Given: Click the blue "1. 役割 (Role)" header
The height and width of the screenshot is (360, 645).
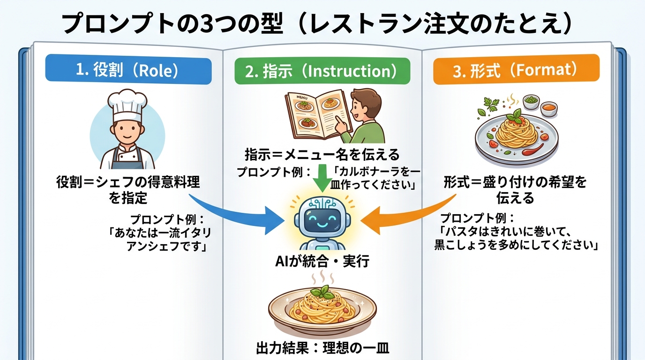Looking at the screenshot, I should tap(127, 70).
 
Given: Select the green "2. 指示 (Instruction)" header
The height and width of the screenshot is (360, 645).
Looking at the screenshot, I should tap(322, 71).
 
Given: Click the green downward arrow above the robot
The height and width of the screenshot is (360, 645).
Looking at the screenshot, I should tap(323, 177).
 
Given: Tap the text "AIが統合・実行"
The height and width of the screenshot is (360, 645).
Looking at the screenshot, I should tap(322, 261).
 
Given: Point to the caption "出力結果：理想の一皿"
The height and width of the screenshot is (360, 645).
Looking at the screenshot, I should tap(322, 348).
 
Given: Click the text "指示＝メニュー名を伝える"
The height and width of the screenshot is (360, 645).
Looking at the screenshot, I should tap(322, 154).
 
